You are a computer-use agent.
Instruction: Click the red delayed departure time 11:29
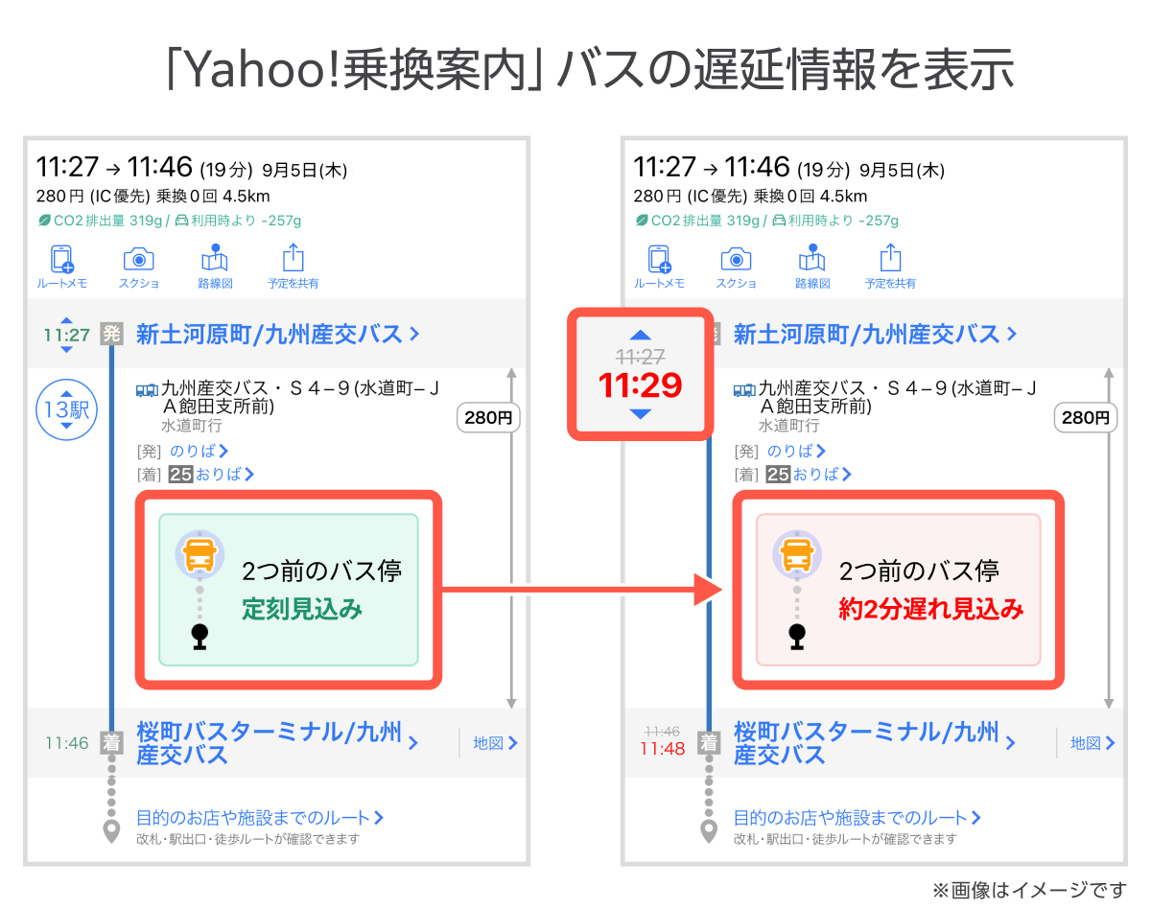point(640,385)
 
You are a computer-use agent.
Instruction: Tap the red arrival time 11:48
point(662,749)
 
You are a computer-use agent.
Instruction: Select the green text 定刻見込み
point(302,609)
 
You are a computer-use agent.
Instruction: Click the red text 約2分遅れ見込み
point(931,609)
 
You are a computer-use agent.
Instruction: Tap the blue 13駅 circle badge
point(65,410)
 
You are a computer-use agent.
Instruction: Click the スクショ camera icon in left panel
point(139,259)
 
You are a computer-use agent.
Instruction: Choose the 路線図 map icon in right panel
point(812,259)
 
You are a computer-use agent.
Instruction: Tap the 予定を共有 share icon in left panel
point(294,259)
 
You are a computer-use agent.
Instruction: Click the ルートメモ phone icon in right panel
point(659,259)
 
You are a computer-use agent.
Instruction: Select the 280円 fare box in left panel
point(488,418)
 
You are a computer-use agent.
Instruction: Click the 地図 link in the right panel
point(1092,743)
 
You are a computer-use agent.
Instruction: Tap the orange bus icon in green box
point(200,554)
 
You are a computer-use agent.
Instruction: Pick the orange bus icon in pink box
point(797,554)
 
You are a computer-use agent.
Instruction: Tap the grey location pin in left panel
point(112,831)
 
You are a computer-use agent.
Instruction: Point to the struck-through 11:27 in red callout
point(640,357)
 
